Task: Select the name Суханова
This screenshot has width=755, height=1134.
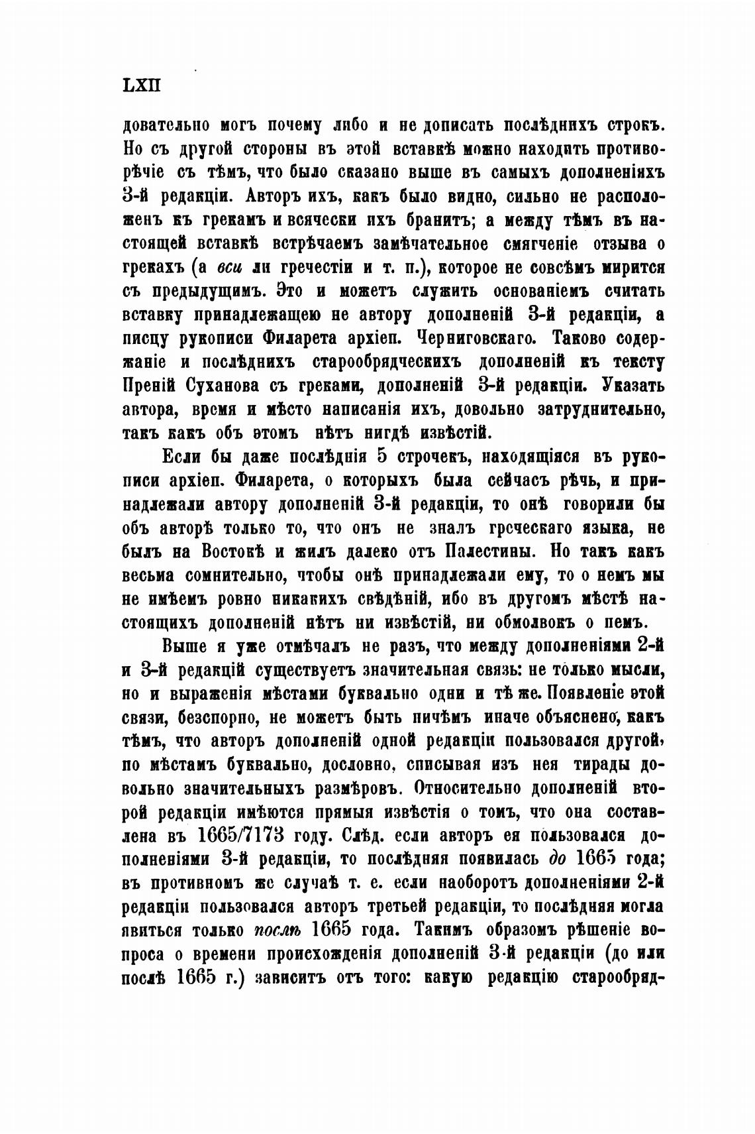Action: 216,386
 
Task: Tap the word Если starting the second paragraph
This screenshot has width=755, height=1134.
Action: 182,457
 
